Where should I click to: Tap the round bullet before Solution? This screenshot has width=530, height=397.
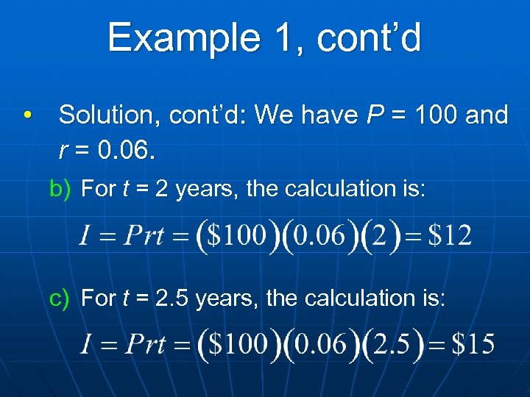coord(26,115)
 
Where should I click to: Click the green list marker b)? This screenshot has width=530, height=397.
coord(60,189)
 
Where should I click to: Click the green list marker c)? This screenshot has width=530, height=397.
coord(60,298)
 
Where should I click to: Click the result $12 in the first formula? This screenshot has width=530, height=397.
coord(450,236)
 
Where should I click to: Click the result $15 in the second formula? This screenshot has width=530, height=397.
coord(473,344)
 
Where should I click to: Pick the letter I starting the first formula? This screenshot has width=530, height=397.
coord(85,236)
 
